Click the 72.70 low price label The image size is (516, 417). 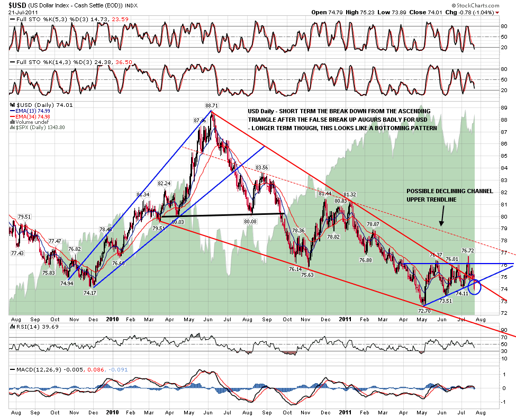pyautogui.click(x=423, y=311)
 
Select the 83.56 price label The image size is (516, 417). pyautogui.click(x=262, y=168)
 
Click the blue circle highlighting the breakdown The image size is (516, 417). pyautogui.click(x=474, y=286)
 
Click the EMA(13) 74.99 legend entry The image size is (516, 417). pyautogui.click(x=31, y=111)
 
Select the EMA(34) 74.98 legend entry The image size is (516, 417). pyautogui.click(x=31, y=117)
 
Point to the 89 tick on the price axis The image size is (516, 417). pyautogui.click(x=504, y=108)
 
